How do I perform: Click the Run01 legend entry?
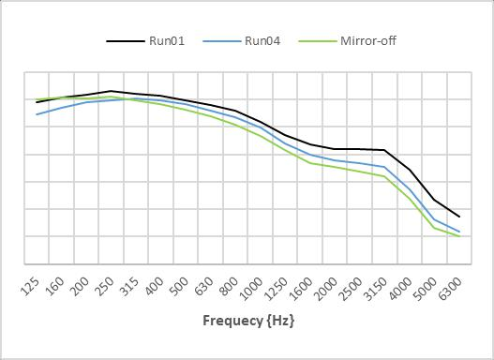point(170,40)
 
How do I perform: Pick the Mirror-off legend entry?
point(368,40)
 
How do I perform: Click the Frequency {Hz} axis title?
point(248,321)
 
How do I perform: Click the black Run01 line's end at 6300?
point(459,217)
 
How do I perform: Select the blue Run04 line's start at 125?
point(37,114)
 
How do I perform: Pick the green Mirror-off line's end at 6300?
point(459,235)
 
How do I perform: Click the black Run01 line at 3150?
point(385,150)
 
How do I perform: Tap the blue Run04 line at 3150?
point(385,167)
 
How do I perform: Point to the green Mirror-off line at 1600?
point(310,162)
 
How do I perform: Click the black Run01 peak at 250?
point(112,91)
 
